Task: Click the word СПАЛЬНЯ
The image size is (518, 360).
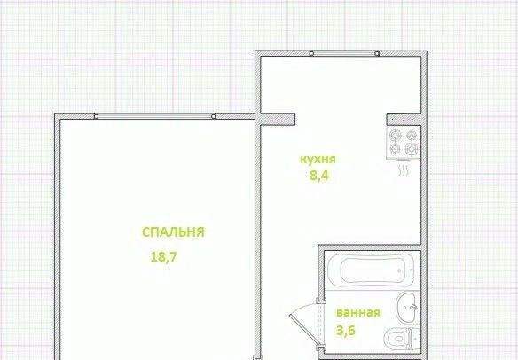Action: pos(173,232)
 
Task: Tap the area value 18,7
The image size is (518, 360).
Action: pos(164,256)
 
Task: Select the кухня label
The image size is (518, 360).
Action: pos(318,160)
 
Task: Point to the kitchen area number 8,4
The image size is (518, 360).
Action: pos(319,176)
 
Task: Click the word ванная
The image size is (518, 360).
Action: pos(358,312)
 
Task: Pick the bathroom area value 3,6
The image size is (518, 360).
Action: pos(346,330)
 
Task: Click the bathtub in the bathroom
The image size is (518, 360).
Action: pos(372,270)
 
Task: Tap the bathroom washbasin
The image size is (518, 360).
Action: pos(408,308)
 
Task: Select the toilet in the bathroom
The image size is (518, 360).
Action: pos(403,338)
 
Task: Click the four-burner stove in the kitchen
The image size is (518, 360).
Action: pos(404,143)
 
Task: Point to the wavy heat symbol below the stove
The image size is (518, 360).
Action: pos(404,170)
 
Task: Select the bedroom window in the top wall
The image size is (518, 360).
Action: pos(155,116)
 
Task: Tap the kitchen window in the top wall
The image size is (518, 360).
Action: pos(344,53)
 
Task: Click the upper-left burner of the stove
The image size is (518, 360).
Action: pos(396,135)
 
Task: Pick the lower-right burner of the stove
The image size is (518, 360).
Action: pos(412,149)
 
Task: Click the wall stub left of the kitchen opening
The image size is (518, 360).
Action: pos(278,119)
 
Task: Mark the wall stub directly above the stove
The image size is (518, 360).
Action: pos(404,120)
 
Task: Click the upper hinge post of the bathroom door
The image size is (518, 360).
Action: pos(321,301)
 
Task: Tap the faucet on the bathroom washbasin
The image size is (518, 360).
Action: pos(413,307)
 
